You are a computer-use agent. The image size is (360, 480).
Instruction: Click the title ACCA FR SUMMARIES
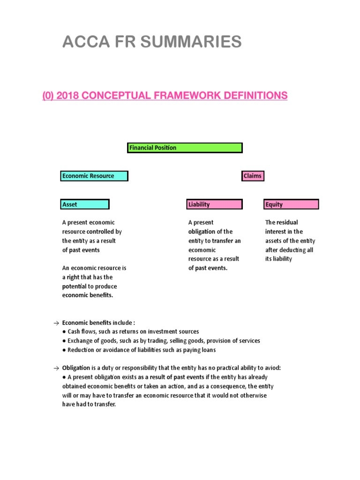152,42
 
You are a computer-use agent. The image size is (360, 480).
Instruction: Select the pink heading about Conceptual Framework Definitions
165,96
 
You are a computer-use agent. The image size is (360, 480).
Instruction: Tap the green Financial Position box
185,148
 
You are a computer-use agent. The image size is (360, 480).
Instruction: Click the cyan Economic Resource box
94,176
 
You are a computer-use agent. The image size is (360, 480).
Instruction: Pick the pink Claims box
253,176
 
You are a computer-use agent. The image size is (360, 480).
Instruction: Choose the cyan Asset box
85,204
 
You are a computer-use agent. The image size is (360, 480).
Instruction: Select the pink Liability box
215,204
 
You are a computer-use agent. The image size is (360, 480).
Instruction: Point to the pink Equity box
291,204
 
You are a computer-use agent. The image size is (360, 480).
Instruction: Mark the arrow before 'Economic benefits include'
56,323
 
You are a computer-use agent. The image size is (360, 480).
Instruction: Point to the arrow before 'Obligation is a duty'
56,368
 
